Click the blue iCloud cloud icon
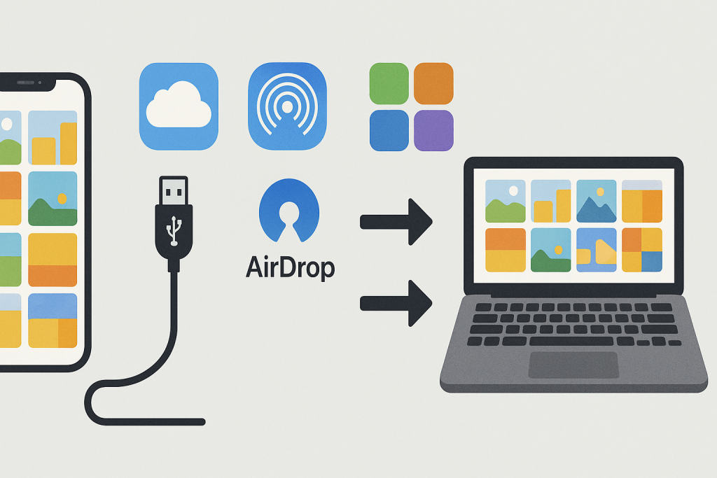pyautogui.click(x=179, y=106)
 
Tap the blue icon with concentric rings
pyautogui.click(x=287, y=106)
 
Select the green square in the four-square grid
pyautogui.click(x=389, y=83)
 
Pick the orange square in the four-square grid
pyautogui.click(x=433, y=83)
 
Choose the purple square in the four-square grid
pyautogui.click(x=433, y=130)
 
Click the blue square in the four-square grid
pyautogui.click(x=389, y=130)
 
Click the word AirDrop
pyautogui.click(x=290, y=267)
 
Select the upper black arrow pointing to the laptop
pyautogui.click(x=396, y=222)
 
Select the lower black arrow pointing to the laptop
pyautogui.click(x=396, y=302)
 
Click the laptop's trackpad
pyautogui.click(x=573, y=365)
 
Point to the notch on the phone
pyautogui.click(x=28, y=83)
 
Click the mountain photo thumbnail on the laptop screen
pyautogui.click(x=596, y=201)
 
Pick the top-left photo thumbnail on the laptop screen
pyautogui.click(x=506, y=201)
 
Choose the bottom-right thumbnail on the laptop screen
pyautogui.click(x=641, y=250)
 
